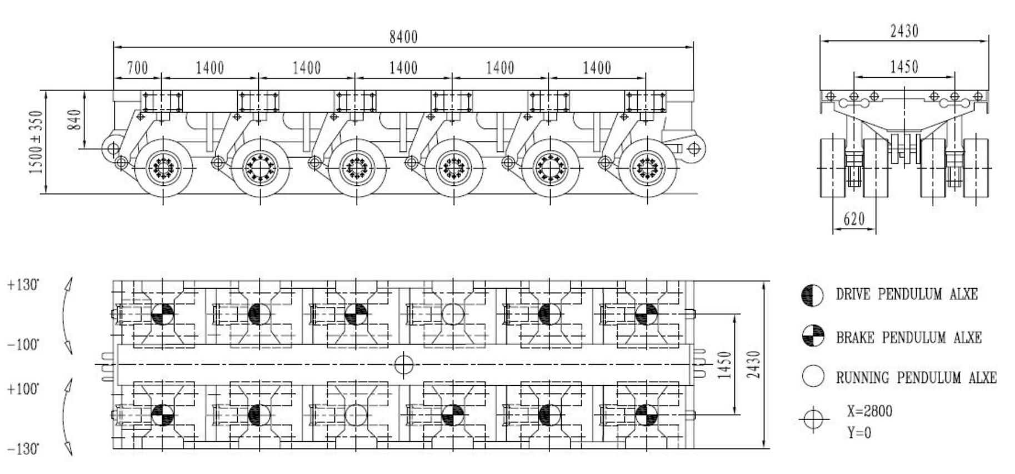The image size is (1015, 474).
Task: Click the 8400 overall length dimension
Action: coord(403,37)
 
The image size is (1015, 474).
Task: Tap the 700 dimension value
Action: coord(137,68)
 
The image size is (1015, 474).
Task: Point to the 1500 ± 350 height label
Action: coord(36,142)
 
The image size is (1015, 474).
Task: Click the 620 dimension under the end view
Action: coord(854,219)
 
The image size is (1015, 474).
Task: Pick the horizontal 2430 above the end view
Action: coord(904,31)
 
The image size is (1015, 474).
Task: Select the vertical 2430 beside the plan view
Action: coord(753,365)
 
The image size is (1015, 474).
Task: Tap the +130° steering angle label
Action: coord(23,285)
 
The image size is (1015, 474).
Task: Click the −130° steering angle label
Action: coord(23,449)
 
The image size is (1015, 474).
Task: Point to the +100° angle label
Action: coord(23,389)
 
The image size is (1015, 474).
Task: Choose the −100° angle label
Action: coord(23,345)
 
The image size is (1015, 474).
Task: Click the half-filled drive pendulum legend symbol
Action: coord(813,294)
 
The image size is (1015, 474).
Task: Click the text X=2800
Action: coord(869,411)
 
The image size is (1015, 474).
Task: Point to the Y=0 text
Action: coord(859,432)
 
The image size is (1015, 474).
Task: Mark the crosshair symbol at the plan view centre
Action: coord(404,365)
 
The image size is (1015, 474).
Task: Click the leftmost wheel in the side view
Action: coord(163,167)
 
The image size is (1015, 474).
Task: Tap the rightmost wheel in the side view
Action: coord(647,167)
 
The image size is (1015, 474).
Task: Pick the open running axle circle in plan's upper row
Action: coord(452,314)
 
